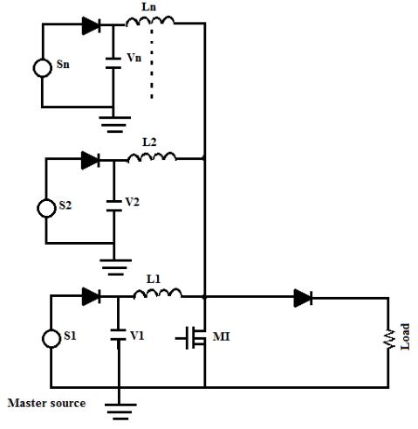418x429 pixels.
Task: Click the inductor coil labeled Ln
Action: [x=150, y=22]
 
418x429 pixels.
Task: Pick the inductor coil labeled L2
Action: [x=152, y=157]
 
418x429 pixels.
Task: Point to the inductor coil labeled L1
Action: [x=157, y=294]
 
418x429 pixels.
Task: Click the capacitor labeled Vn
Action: [x=113, y=63]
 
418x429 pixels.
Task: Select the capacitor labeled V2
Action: [x=114, y=205]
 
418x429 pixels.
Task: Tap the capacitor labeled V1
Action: [x=118, y=335]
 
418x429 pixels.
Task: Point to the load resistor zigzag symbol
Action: [x=388, y=339]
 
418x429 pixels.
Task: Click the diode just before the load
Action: [x=303, y=298]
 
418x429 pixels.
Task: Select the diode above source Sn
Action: [x=92, y=25]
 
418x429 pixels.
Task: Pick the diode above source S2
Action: [x=91, y=160]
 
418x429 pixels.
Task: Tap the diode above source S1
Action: [x=92, y=296]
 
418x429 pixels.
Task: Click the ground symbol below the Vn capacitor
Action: [x=115, y=124]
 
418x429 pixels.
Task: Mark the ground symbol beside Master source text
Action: [x=120, y=412]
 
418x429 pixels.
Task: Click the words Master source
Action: [x=46, y=403]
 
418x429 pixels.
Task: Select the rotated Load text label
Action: [x=405, y=336]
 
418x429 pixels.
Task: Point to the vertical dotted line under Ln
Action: [x=152, y=63]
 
